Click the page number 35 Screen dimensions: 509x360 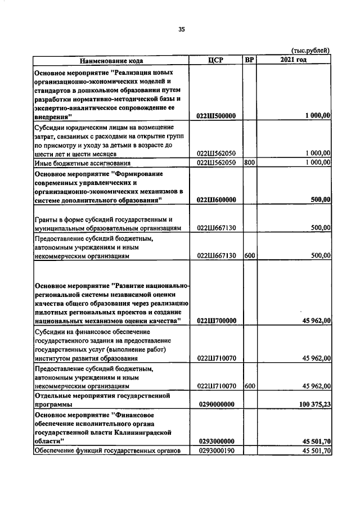[181, 29]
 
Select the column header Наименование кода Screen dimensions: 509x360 [111, 60]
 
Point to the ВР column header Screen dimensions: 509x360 [249, 60]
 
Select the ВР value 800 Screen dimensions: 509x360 [249, 163]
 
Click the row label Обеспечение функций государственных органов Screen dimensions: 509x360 [106, 451]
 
